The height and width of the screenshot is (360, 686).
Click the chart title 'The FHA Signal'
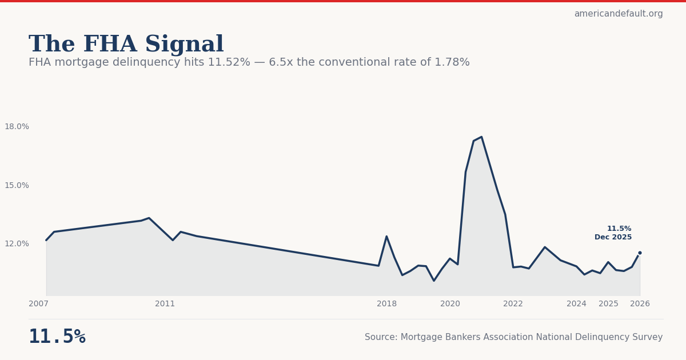click(126, 45)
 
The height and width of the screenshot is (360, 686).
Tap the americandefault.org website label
click(619, 14)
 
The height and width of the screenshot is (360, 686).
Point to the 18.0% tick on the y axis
click(17, 127)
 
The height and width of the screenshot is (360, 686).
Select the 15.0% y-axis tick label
click(17, 186)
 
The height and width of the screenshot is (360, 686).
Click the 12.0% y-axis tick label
click(17, 244)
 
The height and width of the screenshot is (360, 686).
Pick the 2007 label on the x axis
click(38, 304)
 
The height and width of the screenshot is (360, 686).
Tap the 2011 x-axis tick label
click(165, 304)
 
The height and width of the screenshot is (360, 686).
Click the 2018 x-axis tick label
click(386, 304)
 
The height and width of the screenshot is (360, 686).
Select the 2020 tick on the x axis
click(450, 304)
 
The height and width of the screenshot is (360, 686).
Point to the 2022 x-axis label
click(513, 304)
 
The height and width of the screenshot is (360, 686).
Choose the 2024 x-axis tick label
click(576, 304)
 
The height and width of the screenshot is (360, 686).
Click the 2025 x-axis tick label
click(608, 304)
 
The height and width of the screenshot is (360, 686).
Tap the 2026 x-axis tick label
click(640, 304)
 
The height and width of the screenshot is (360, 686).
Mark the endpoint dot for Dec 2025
click(640, 253)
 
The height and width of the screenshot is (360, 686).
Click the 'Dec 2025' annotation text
click(613, 238)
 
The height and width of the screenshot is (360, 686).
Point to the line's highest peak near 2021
click(481, 137)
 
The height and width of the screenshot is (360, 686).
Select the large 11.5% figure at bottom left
click(57, 337)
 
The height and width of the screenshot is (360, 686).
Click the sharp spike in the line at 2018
click(386, 237)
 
